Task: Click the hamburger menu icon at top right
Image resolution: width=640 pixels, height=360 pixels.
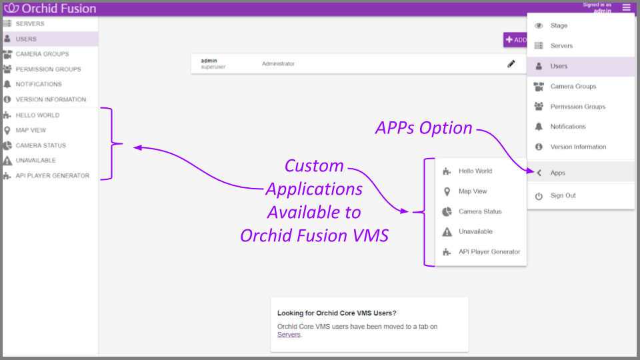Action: tap(626, 8)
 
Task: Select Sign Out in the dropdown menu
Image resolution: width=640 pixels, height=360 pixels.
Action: tap(563, 195)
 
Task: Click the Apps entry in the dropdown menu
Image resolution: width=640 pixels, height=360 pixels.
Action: tap(557, 173)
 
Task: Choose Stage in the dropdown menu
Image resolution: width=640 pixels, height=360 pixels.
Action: tap(559, 26)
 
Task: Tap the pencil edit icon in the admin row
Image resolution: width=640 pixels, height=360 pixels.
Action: tap(511, 63)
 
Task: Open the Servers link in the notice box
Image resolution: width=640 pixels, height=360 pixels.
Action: tap(289, 335)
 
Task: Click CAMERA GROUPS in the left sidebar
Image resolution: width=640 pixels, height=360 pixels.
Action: tap(42, 54)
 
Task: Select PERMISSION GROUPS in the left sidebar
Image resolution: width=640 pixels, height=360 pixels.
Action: tap(48, 69)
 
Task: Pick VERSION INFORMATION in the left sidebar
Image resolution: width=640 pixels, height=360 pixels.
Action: tap(51, 100)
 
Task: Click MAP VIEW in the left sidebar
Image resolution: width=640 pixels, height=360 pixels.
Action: tap(31, 130)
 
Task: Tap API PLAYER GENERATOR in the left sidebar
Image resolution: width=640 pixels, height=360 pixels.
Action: tap(52, 176)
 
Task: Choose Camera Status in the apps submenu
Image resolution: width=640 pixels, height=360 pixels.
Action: tap(480, 211)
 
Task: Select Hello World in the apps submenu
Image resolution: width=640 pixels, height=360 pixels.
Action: tap(475, 171)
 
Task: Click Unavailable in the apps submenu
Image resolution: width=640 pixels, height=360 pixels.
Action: tap(475, 231)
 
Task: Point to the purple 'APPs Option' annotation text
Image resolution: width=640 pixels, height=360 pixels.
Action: tap(424, 128)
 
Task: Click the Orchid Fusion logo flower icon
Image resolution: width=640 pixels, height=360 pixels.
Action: tap(11, 9)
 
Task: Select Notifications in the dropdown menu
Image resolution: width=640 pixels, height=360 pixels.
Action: tap(567, 127)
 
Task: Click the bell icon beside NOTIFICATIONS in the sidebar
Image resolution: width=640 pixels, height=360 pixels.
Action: tap(7, 85)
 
